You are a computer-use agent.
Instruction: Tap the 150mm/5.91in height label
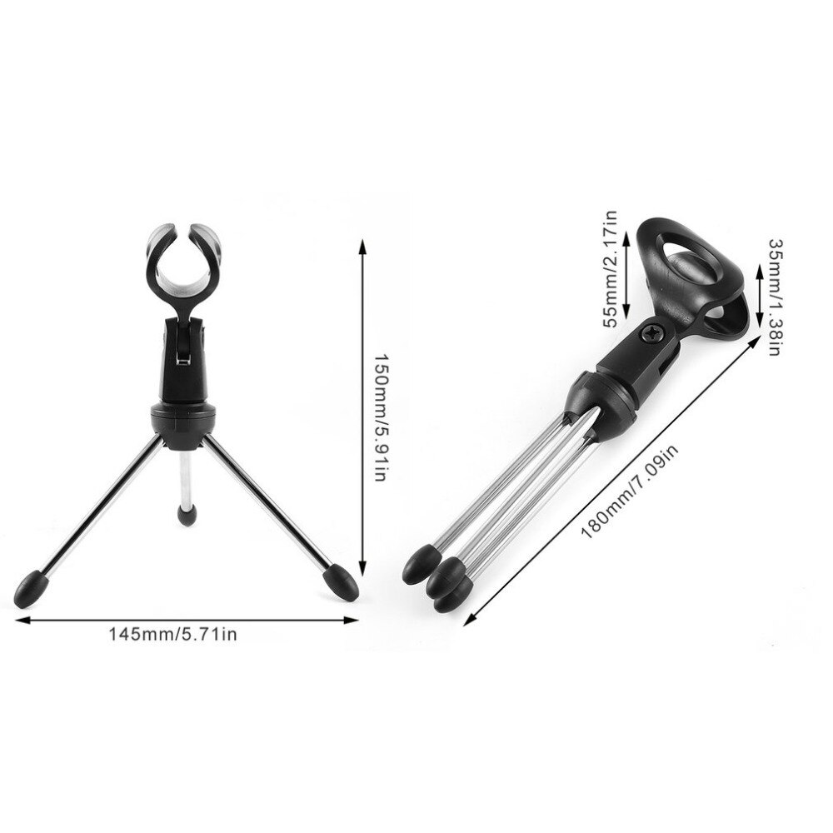(x=380, y=417)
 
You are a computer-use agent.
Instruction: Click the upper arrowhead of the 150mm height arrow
(x=362, y=243)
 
